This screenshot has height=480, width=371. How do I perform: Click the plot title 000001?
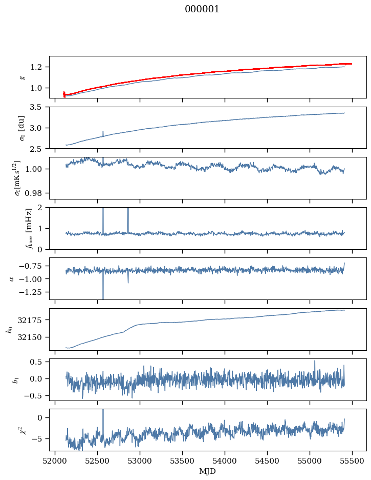202,9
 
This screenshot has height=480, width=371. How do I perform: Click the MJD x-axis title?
208,471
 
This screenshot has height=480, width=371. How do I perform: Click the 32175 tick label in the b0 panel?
34,320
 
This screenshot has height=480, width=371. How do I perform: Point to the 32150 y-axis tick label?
34,337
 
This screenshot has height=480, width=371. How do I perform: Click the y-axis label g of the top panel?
22,77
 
